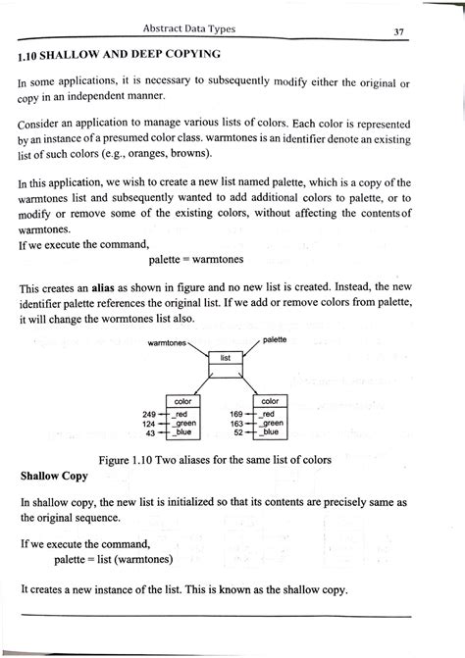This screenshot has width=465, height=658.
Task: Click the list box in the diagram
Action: point(225,358)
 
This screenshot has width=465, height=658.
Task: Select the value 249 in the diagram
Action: point(150,414)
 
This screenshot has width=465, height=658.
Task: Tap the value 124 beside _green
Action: point(150,424)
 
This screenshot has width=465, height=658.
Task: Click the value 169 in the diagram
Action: point(236,414)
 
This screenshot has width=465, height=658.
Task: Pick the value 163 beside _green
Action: point(236,424)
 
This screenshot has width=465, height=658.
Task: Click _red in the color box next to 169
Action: point(267,414)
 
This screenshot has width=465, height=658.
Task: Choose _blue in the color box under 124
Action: point(181,432)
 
